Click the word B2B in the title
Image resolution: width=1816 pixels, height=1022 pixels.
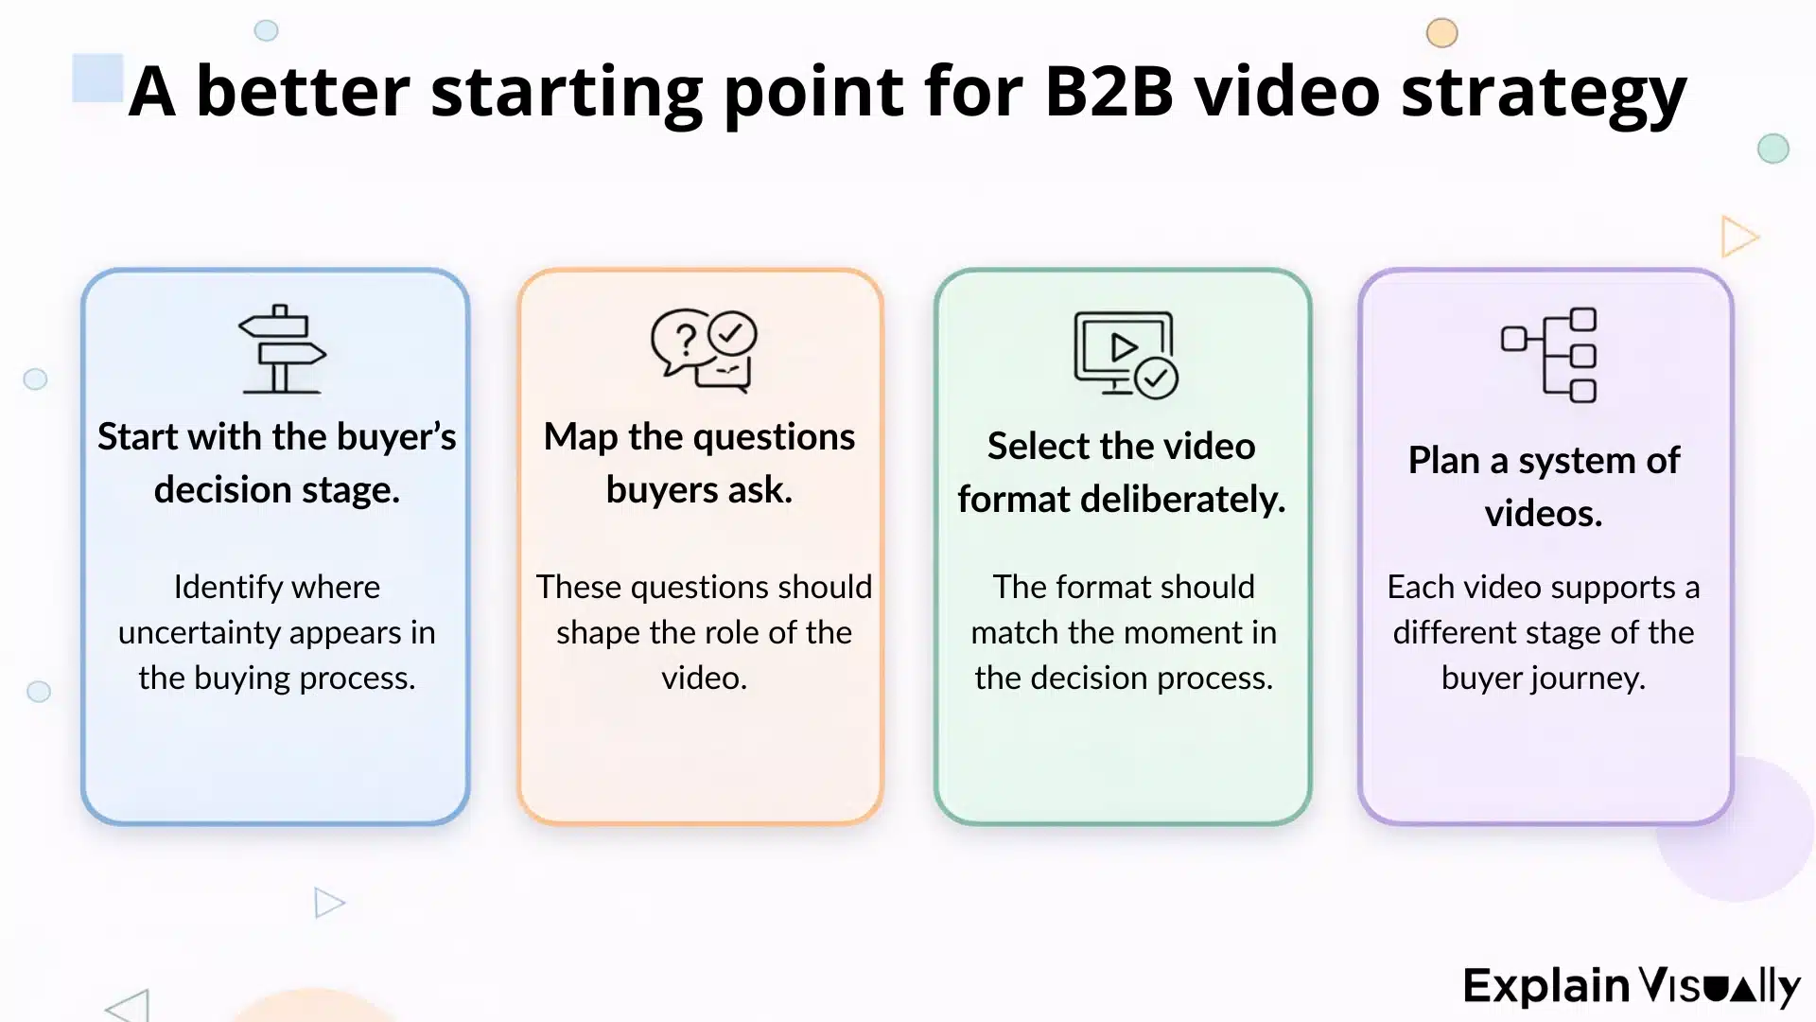[x=1109, y=92]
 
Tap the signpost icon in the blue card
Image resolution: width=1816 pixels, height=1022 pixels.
[x=281, y=349]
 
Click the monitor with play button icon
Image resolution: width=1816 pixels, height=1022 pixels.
[x=1125, y=354]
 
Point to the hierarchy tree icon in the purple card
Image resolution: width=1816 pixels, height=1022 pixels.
[x=1549, y=355]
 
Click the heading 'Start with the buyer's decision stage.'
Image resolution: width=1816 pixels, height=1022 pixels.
[x=277, y=463]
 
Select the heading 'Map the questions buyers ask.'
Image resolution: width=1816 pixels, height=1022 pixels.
[x=699, y=463]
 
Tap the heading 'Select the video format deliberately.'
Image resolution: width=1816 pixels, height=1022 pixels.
[x=1122, y=472]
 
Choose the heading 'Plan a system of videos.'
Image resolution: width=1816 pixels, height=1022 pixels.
[x=1544, y=486]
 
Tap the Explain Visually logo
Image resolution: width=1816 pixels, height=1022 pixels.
[x=1631, y=986]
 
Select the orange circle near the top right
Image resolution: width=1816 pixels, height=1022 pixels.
[x=1441, y=33]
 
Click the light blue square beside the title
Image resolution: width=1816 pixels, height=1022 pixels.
[x=97, y=78]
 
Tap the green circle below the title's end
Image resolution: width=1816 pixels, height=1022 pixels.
[x=1772, y=149]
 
